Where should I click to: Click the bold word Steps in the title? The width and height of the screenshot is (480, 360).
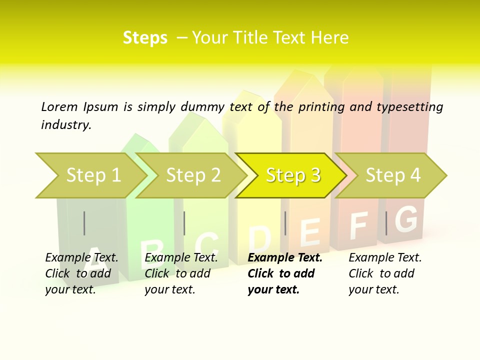tap(145, 38)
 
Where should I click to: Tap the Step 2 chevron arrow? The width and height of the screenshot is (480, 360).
tap(193, 175)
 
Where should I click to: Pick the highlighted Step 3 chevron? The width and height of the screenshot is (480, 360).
tap(292, 175)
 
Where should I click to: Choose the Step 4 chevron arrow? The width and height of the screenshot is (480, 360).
tap(392, 175)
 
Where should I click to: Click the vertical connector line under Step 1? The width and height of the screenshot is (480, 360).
tap(84, 223)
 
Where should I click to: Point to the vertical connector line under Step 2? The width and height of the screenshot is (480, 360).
tap(184, 223)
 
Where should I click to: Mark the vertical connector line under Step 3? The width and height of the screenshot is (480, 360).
tap(285, 223)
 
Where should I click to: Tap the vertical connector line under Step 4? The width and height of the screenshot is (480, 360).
tap(386, 223)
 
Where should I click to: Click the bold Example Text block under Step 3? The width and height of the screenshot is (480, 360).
tap(285, 273)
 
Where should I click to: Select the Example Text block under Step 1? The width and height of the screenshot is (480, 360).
tap(81, 273)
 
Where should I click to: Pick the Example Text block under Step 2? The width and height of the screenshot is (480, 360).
tap(181, 273)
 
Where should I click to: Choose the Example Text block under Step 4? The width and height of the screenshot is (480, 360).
tap(385, 273)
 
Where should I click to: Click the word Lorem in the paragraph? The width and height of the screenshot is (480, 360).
tap(59, 106)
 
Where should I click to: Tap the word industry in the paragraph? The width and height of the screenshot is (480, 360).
tap(66, 125)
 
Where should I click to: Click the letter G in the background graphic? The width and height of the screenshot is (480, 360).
tap(406, 219)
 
